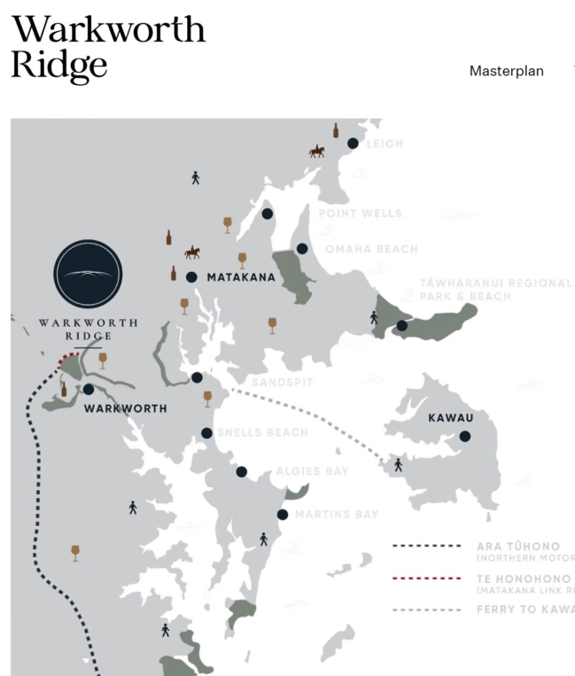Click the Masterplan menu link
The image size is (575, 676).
click(x=506, y=71)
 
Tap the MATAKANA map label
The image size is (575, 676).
click(x=241, y=277)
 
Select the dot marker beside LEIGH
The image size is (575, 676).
click(x=353, y=144)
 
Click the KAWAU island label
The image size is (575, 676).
click(x=451, y=417)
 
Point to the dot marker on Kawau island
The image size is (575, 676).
click(x=465, y=436)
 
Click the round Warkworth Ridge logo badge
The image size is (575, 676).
click(x=88, y=275)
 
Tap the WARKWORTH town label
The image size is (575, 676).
click(x=125, y=408)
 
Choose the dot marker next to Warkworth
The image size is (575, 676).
click(x=89, y=389)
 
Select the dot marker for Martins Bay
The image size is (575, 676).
click(x=283, y=515)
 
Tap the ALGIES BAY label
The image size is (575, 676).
click(x=312, y=471)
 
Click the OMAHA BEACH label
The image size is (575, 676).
click(x=371, y=249)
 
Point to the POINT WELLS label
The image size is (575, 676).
click(x=360, y=214)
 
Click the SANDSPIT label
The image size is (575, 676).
click(x=282, y=382)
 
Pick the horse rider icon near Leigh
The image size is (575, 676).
click(x=316, y=152)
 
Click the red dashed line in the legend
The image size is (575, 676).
click(x=427, y=578)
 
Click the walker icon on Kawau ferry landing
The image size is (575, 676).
click(x=398, y=464)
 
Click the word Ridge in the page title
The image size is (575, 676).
click(x=59, y=64)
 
